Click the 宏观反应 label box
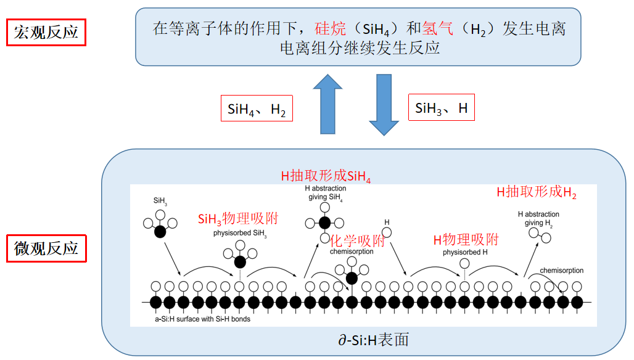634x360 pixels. (46, 32)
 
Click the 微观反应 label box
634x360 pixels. (46, 248)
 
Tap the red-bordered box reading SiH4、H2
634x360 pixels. (257, 110)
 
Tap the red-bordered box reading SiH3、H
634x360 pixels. (442, 109)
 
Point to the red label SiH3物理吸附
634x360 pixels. (238, 219)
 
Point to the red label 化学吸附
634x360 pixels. (358, 240)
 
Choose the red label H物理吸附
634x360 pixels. (466, 240)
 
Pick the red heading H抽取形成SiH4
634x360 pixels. (326, 176)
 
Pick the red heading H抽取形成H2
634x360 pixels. (537, 192)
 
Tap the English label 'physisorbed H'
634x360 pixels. (465, 252)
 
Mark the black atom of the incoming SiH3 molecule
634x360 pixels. (160, 232)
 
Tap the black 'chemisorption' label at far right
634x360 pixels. (561, 271)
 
